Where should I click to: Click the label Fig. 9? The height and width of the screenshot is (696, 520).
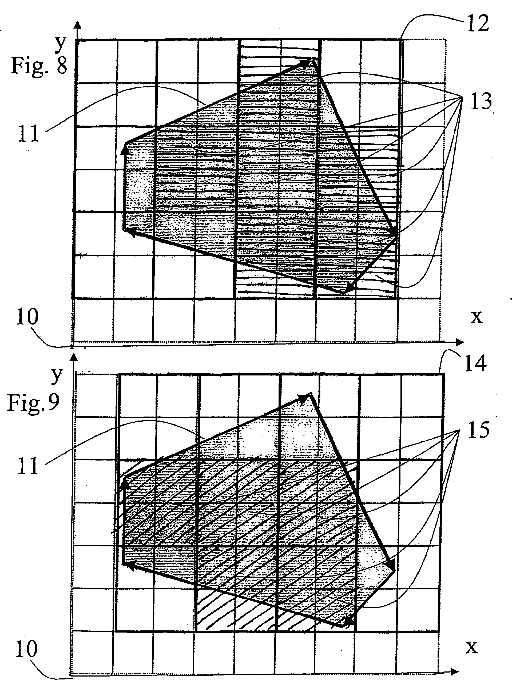tap(33, 402)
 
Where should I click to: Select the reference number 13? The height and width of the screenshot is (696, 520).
tap(481, 101)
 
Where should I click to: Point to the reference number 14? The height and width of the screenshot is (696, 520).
tap(475, 363)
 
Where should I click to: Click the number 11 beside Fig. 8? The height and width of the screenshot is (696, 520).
tap(28, 134)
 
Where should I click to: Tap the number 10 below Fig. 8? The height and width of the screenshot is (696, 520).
tap(27, 317)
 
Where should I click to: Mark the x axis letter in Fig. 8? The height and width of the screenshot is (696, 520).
tap(476, 317)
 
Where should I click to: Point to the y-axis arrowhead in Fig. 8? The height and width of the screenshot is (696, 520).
tap(77, 25)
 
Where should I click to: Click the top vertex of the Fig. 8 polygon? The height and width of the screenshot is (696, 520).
tap(313, 59)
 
